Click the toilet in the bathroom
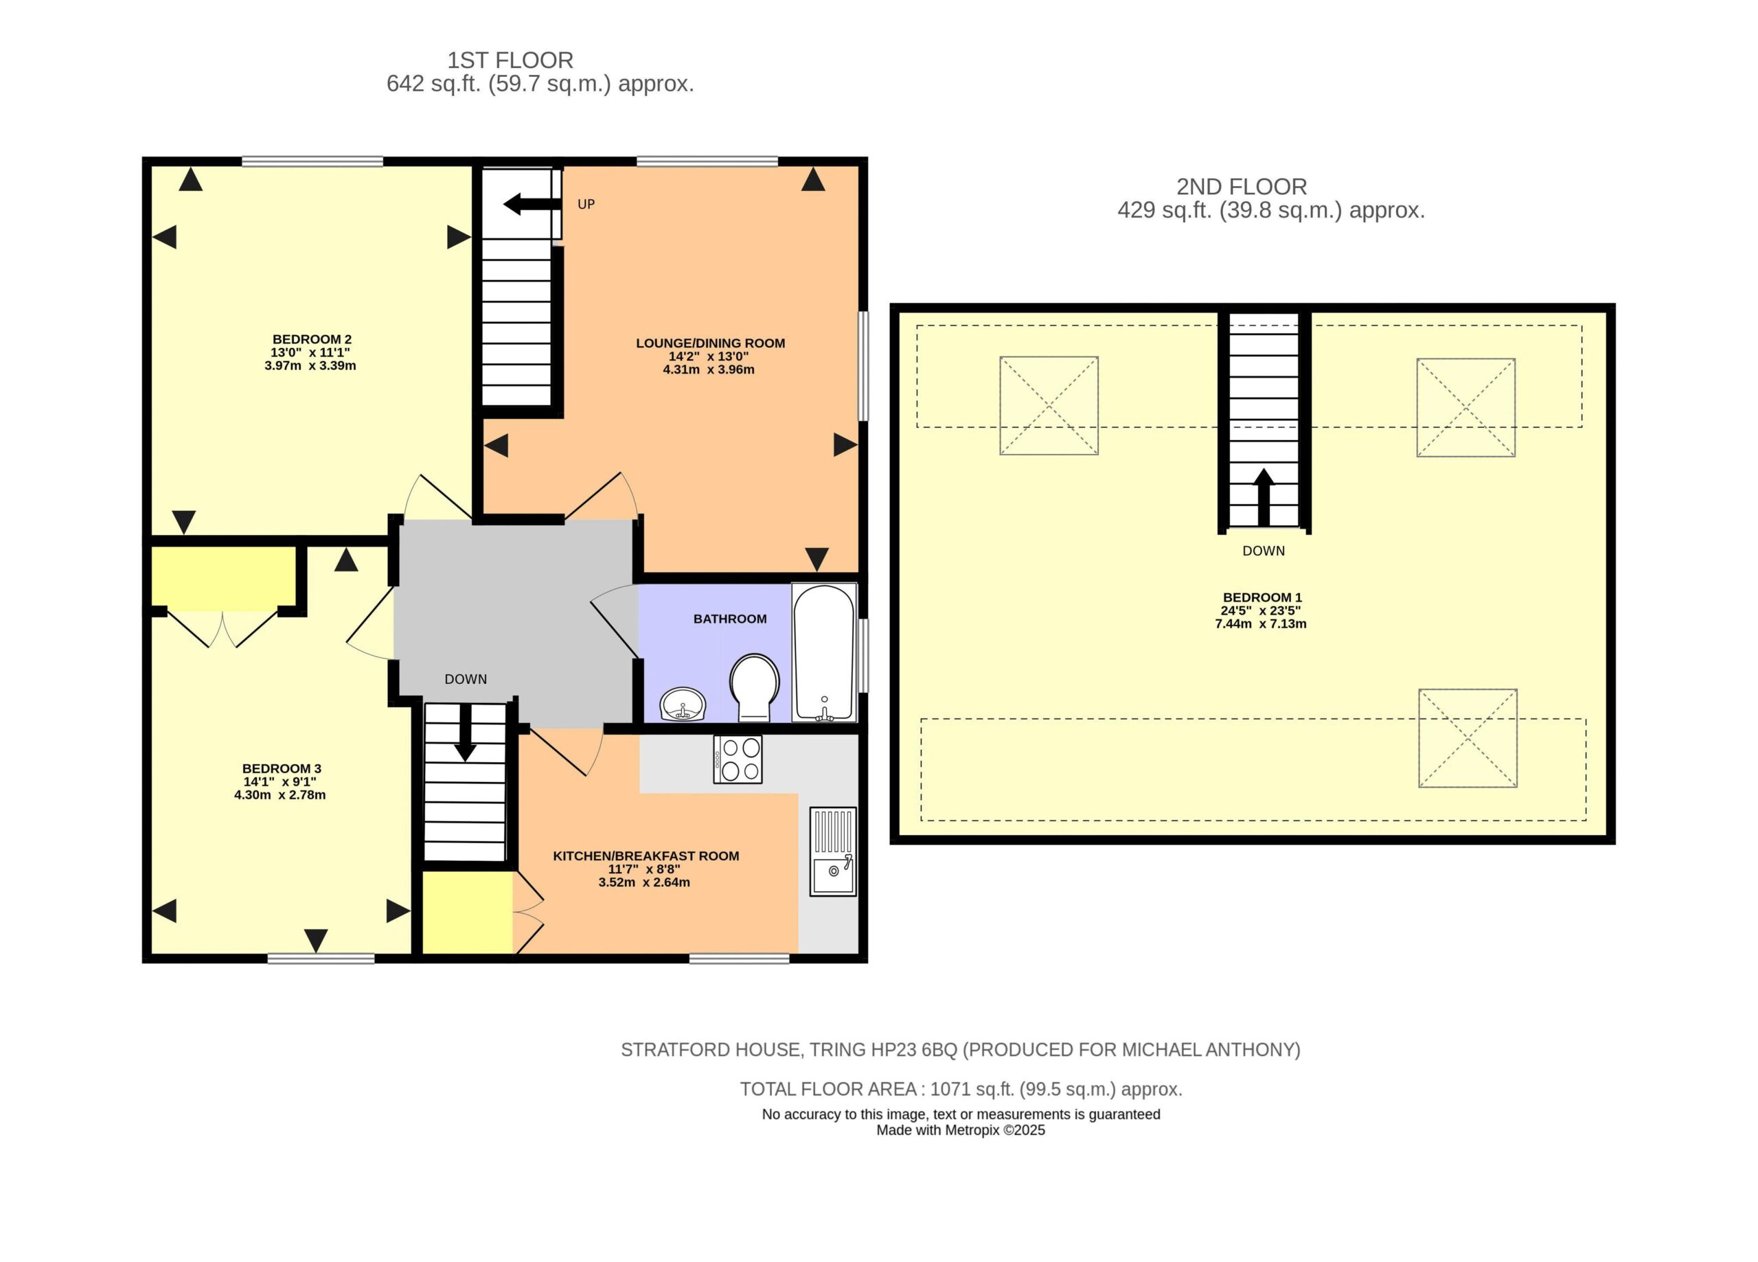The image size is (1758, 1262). click(x=754, y=687)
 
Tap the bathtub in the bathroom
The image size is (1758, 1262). click(x=824, y=653)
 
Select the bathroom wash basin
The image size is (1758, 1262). click(x=683, y=704)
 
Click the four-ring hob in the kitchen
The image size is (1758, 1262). click(x=738, y=759)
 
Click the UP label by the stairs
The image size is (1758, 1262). click(x=586, y=205)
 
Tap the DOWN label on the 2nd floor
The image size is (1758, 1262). click(x=1264, y=551)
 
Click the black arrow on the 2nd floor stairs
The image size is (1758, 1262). click(x=1264, y=498)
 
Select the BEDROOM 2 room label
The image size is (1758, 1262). click(x=312, y=339)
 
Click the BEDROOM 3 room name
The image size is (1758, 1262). click(x=282, y=769)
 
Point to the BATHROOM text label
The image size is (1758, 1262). click(x=730, y=619)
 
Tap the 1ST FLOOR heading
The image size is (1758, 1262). click(x=510, y=60)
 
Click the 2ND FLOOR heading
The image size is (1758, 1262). click(x=1242, y=187)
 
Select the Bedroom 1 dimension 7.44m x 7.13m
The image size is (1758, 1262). click(x=1261, y=624)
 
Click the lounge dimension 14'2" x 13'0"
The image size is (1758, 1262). click(x=709, y=356)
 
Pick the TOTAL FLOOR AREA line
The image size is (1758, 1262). click(x=961, y=1089)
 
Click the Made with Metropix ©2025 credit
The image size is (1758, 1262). click(x=961, y=1130)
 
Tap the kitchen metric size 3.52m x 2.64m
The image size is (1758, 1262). click(x=644, y=882)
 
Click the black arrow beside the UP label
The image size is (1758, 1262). click(x=532, y=205)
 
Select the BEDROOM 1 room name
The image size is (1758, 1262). click(x=1263, y=597)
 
